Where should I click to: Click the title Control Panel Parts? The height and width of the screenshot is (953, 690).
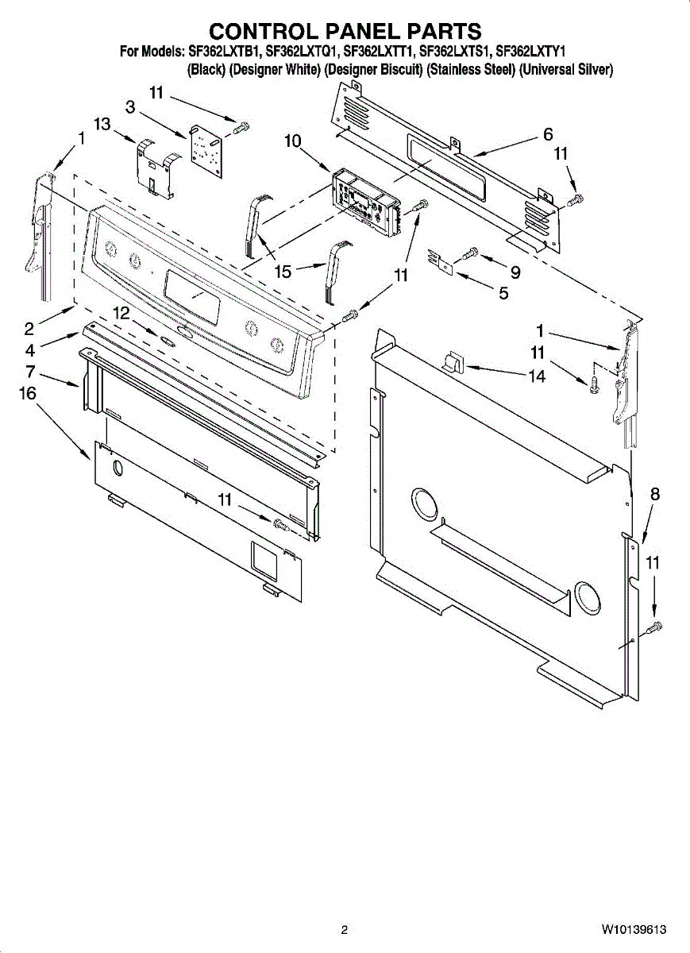point(345,31)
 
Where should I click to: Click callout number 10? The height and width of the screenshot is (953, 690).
point(292,141)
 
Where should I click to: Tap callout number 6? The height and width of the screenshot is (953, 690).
point(548,135)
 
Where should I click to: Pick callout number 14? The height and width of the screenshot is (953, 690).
point(538,376)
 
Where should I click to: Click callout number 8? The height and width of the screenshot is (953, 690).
point(654,494)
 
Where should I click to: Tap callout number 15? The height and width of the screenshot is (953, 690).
point(283,272)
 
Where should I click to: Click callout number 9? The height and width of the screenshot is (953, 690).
point(515,272)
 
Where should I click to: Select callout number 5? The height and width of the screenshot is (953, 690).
point(503,292)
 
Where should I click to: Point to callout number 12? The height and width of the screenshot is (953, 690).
point(121,314)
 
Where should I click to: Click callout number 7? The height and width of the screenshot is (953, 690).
point(29,371)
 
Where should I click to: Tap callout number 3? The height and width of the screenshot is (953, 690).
point(129,106)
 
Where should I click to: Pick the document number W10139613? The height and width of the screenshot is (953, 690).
point(633,929)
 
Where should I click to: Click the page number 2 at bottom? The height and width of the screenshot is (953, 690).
point(345,929)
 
